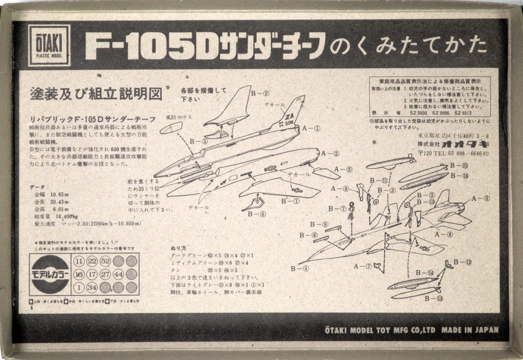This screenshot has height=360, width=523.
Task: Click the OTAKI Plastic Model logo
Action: tap(49, 45)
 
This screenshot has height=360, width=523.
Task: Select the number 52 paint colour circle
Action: tap(105, 261)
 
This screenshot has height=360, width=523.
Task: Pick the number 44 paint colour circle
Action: tap(118, 274)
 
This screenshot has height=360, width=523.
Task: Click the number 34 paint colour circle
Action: tap(92, 288)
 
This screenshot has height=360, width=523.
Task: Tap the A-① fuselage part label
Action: tap(311, 128)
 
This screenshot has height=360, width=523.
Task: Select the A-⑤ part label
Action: tap(343, 169)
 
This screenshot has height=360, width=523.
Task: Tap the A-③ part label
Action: tap(480, 198)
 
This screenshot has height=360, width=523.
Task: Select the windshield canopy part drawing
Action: tap(171, 128)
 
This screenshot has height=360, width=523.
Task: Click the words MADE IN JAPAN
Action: tap(470, 330)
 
